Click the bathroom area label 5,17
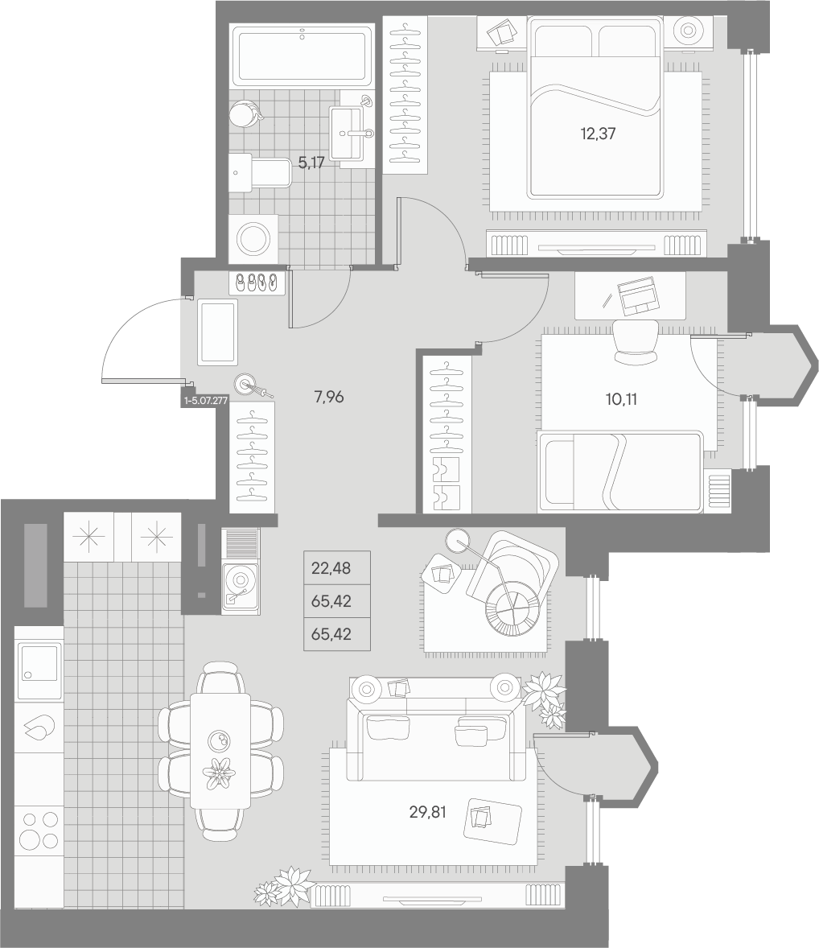click(x=311, y=163)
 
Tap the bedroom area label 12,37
click(x=598, y=134)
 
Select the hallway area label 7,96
click(x=329, y=398)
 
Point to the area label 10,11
click(x=621, y=399)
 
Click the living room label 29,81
click(x=427, y=812)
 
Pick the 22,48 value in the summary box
click(x=331, y=568)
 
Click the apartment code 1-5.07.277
click(x=206, y=400)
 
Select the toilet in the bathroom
click(x=260, y=173)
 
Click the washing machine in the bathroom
click(x=253, y=239)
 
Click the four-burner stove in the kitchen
click(x=39, y=830)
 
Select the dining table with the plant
click(x=220, y=750)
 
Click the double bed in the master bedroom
click(x=595, y=108)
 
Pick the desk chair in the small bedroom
click(x=636, y=342)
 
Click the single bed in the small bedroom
click(x=620, y=472)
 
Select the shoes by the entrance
click(x=257, y=283)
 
